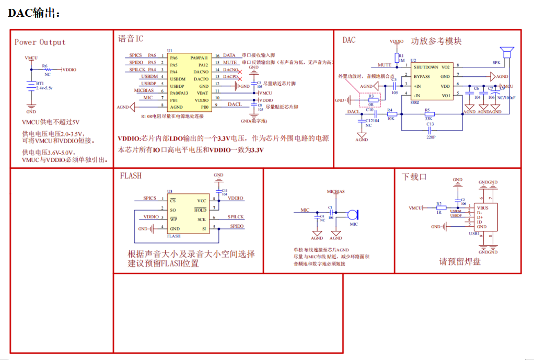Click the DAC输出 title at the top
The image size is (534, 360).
34,13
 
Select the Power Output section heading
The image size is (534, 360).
40,42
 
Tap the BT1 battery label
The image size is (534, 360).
39,84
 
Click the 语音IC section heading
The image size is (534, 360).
131,39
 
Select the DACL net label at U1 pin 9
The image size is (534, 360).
235,104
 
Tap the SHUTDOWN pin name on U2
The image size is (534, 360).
426,67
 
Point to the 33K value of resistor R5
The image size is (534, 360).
428,119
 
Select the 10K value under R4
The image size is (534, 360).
390,119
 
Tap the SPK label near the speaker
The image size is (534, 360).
496,62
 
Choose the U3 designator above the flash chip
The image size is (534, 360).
170,192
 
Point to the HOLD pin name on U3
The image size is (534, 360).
201,210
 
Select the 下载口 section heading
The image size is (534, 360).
414,177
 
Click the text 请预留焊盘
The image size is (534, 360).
460,262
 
